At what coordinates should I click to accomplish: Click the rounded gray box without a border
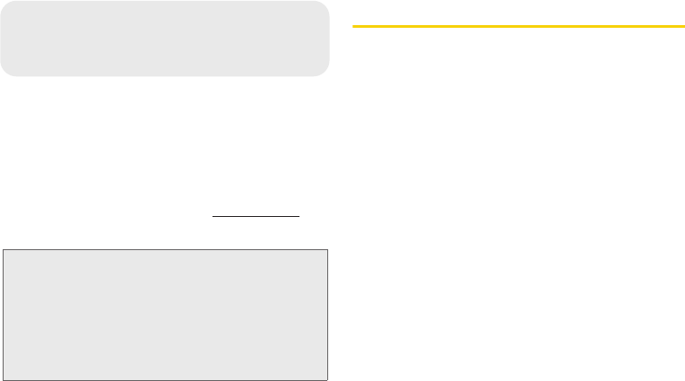tap(165, 38)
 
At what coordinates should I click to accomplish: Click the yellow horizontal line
tap(518, 26)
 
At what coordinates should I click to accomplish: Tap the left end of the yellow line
tap(353, 26)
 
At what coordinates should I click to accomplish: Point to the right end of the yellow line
tap(683, 26)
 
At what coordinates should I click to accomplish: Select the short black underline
tap(256, 216)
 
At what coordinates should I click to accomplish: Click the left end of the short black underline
tap(212, 216)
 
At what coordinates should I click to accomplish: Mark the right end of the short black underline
tap(299, 216)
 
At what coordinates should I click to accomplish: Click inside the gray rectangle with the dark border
tap(165, 315)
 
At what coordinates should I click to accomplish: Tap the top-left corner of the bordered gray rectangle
tap(2, 250)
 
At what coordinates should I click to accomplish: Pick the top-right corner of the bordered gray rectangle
tap(328, 250)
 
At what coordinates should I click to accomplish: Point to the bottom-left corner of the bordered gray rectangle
tap(2, 379)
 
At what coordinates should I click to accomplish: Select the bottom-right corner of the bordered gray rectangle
tap(328, 379)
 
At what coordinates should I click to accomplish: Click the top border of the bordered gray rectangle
tap(165, 250)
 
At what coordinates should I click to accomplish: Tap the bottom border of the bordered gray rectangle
tap(165, 379)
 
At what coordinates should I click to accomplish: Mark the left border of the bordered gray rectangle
tap(2, 315)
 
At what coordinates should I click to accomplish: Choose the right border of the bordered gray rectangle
tap(328, 315)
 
